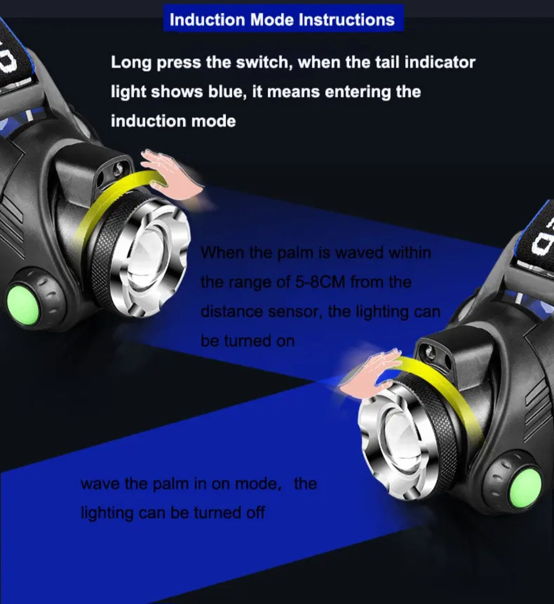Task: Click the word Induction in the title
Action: (x=207, y=19)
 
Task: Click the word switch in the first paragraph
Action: (x=264, y=62)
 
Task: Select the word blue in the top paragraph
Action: (x=227, y=92)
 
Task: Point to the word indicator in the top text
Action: (x=440, y=62)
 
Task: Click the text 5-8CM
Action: (x=320, y=282)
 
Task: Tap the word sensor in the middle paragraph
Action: (x=294, y=311)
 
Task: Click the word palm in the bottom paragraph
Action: (x=171, y=484)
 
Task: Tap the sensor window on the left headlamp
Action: (x=113, y=171)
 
